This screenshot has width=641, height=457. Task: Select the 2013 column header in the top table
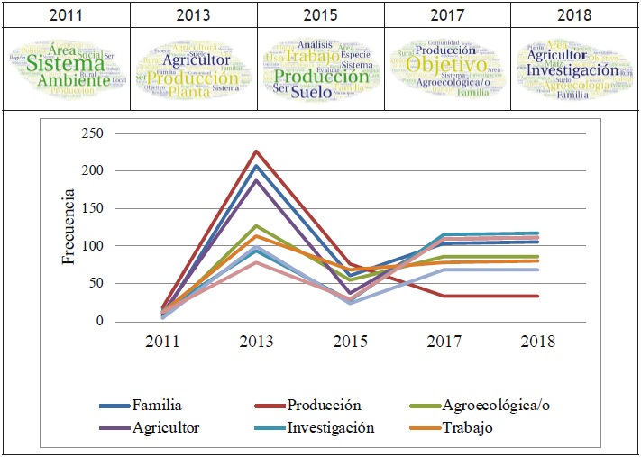coord(194,14)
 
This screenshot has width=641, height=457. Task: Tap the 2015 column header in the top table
coord(321,14)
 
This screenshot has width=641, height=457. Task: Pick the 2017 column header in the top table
coord(448,14)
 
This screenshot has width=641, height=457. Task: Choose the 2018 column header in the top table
coord(574,14)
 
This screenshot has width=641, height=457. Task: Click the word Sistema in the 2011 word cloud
coord(65,64)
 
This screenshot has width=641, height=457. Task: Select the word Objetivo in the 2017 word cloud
coord(446,66)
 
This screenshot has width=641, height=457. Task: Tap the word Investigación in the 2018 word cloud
coord(573,69)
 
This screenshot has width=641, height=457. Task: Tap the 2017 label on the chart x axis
coord(444,342)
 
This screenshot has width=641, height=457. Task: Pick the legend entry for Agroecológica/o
coord(494,405)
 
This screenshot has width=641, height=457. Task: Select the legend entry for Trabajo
coord(463,428)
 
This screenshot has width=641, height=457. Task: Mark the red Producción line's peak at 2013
coord(257,151)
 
